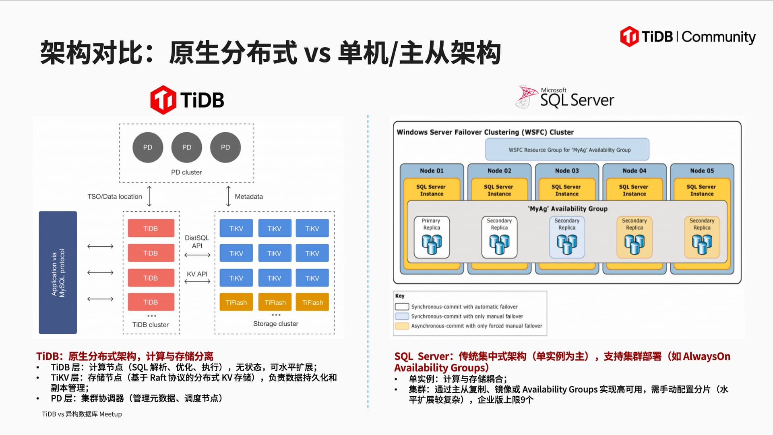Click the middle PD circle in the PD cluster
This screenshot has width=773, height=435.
[x=186, y=148]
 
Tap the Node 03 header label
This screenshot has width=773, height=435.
[x=567, y=171]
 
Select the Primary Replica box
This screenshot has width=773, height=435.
[x=432, y=237]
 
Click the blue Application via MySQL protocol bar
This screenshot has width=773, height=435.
[x=58, y=273]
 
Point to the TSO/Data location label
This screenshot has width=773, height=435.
[x=115, y=197]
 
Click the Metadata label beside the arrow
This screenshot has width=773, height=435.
[x=249, y=197]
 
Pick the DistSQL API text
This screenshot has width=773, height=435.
[x=197, y=242]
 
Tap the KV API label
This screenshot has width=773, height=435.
[x=197, y=274]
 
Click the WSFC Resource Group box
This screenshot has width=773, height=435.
[x=567, y=150]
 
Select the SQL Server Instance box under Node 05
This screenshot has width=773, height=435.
[x=702, y=190]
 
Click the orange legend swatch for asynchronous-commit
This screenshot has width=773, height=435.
[x=402, y=326]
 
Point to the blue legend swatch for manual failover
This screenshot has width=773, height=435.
[x=402, y=316]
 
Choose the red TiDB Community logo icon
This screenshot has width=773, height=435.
[x=629, y=37]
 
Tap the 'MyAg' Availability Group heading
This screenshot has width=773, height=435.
[x=567, y=209]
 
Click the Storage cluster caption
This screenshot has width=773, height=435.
[x=276, y=324]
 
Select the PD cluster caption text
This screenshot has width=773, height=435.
[x=186, y=173]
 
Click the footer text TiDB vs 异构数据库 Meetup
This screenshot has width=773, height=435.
[x=82, y=414]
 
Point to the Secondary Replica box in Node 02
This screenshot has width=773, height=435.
[x=499, y=237]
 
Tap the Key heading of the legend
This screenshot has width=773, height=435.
[x=400, y=296]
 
